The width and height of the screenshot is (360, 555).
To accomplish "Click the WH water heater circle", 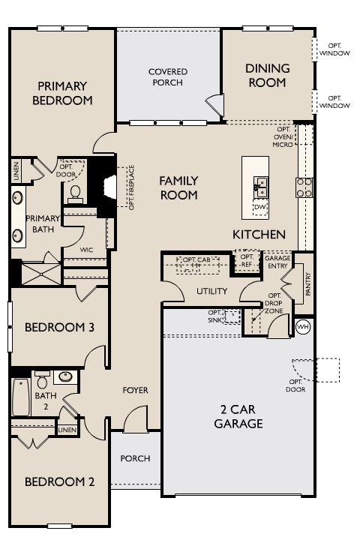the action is pos(303,326).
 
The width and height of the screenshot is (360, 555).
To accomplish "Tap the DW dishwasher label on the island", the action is pos(260,207).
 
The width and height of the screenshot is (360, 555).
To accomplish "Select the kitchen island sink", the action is pos(260,188).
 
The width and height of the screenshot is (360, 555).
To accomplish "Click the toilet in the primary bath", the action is pos(75,195).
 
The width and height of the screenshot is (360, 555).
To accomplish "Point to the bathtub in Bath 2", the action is pos(21,397).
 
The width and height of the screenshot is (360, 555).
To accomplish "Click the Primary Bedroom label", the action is pos(62,93).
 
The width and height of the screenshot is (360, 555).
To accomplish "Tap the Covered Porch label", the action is pos(168,76).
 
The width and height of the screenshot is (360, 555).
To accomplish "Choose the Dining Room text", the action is pos(267,76).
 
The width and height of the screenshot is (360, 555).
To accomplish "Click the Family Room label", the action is pos(178,188).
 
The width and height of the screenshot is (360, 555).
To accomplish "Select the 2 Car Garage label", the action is pos(238,416).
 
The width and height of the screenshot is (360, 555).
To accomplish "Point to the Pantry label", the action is pos(308,283).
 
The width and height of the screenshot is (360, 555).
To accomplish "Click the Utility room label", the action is pos(212,291).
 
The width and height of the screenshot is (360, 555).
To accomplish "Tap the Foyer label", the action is pos(135,390).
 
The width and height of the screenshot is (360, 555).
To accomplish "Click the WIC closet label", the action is pos(86,250).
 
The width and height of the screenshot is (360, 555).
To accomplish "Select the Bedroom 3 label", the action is pos(59,328).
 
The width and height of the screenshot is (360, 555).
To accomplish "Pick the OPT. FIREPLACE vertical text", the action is pos(132,187).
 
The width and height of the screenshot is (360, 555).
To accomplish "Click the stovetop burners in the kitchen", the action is pos(304,187).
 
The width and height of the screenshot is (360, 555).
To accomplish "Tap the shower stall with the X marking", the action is pos(41,274).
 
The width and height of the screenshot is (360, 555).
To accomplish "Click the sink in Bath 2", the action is pos(65,377).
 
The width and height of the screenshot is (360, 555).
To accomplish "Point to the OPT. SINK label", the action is pos(214,316).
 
